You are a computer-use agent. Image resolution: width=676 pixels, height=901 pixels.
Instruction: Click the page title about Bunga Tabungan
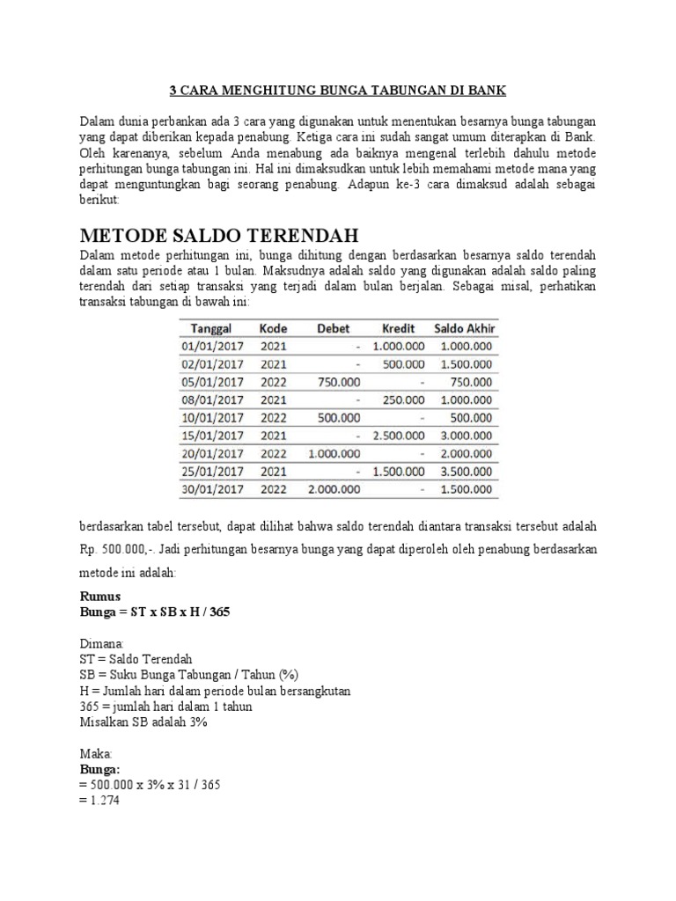(x=338, y=91)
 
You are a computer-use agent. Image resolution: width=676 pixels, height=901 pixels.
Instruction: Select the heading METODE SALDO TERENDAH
(x=220, y=237)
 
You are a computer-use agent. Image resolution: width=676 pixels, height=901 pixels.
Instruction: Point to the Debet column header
(x=333, y=328)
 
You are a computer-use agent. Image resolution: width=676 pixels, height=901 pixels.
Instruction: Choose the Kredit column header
(x=400, y=328)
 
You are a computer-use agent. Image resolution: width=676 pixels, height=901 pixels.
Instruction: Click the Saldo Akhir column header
(x=466, y=328)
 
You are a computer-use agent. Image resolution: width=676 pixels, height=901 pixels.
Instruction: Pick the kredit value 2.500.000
(x=399, y=435)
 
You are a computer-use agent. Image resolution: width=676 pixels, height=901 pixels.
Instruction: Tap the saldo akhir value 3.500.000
(x=467, y=471)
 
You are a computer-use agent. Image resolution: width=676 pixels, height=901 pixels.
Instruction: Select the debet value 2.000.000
(x=334, y=488)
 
